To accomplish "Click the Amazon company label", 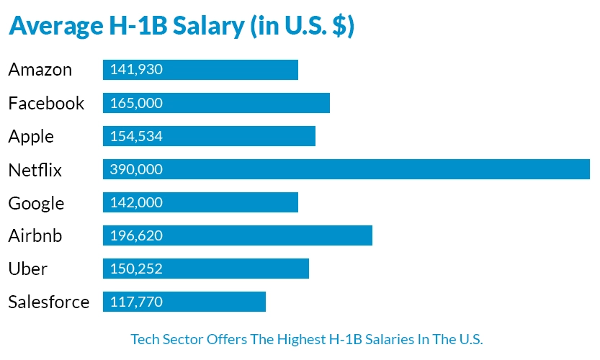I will pos(40,70).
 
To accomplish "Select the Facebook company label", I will pos(46,103).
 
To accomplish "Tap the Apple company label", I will pos(31,136).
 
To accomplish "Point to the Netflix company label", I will pos(35,170).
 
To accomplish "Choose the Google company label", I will pos(36,203).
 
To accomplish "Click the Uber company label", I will pos(28,269).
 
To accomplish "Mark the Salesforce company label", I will pos(49,302).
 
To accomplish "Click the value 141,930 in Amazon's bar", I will pos(136,70).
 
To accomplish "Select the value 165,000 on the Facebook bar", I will pos(136,103).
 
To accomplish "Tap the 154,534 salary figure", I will pos(136,136).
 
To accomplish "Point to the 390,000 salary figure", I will pos(136,169).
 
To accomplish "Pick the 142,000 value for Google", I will pos(136,202).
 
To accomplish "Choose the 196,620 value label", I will pos(136,235).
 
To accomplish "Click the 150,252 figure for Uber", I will pos(136,269).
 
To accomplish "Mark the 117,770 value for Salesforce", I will pos(136,302).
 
